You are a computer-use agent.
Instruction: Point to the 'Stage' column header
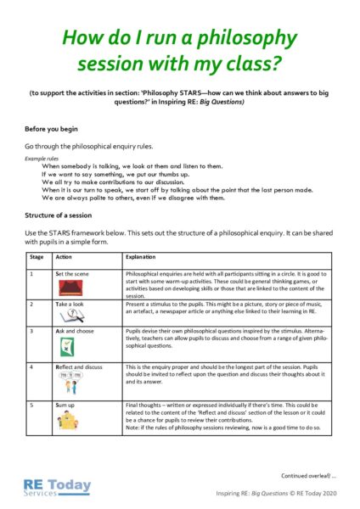point(37,255)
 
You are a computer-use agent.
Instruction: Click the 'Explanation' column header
point(141,255)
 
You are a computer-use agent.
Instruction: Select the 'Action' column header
point(65,255)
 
